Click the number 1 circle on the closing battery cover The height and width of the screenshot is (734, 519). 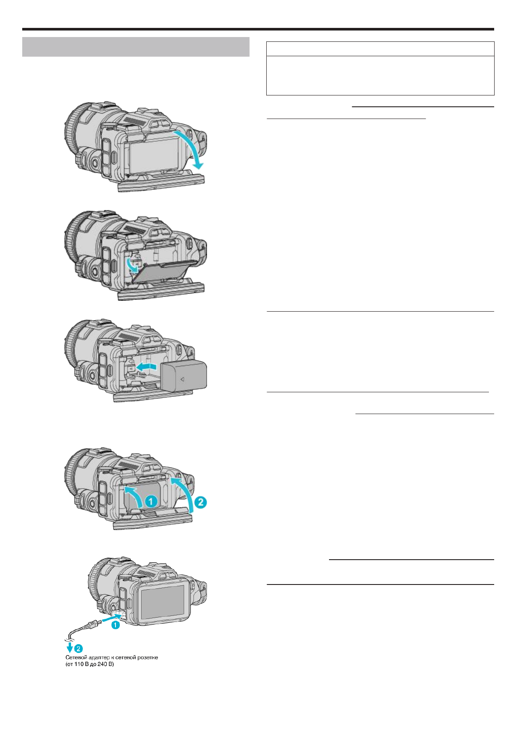point(151,502)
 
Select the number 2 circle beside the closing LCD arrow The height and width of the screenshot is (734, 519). point(200,503)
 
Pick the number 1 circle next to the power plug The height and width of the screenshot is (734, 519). point(115,625)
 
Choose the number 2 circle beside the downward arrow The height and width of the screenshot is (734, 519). point(79,648)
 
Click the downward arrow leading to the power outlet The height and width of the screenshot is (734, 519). point(69,647)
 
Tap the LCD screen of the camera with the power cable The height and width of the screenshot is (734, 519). point(162,602)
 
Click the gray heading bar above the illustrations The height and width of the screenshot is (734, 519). point(136,47)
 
